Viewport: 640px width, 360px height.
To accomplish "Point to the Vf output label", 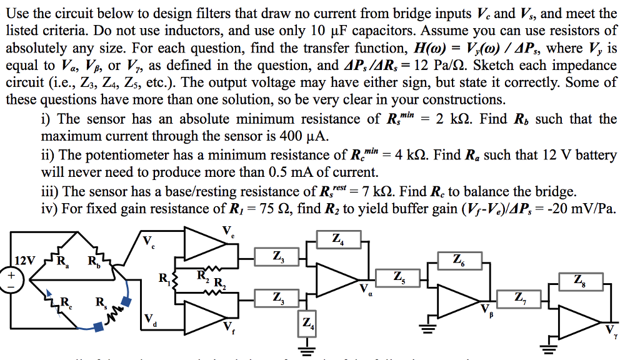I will (x=227, y=326).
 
